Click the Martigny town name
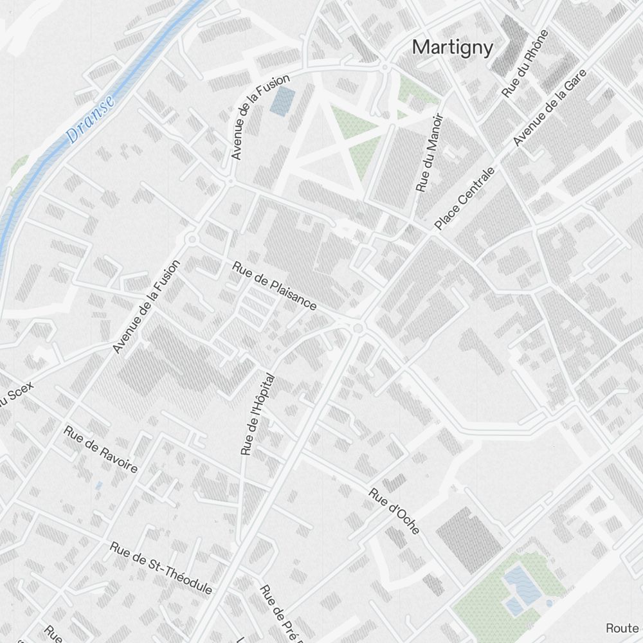453,48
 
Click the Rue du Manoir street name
430,153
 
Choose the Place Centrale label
465,199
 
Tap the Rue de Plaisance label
275,285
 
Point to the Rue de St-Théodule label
161,568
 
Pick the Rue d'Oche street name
394,511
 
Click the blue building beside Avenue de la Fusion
283,101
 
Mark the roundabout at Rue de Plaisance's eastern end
358,329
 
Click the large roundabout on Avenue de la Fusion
191,240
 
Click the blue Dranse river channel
39,174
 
